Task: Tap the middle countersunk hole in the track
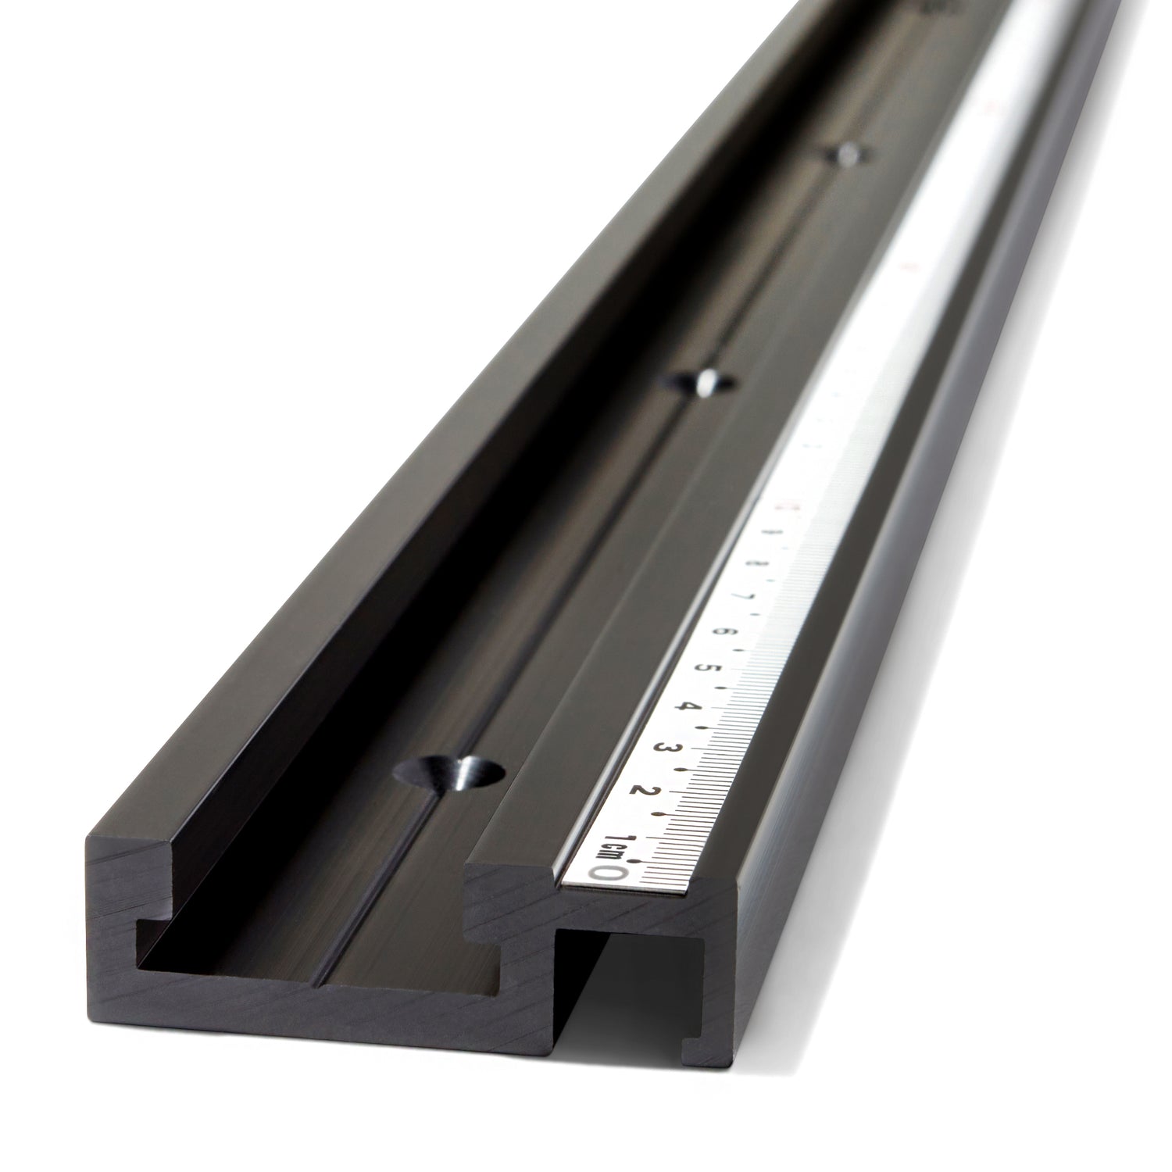coord(698,383)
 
